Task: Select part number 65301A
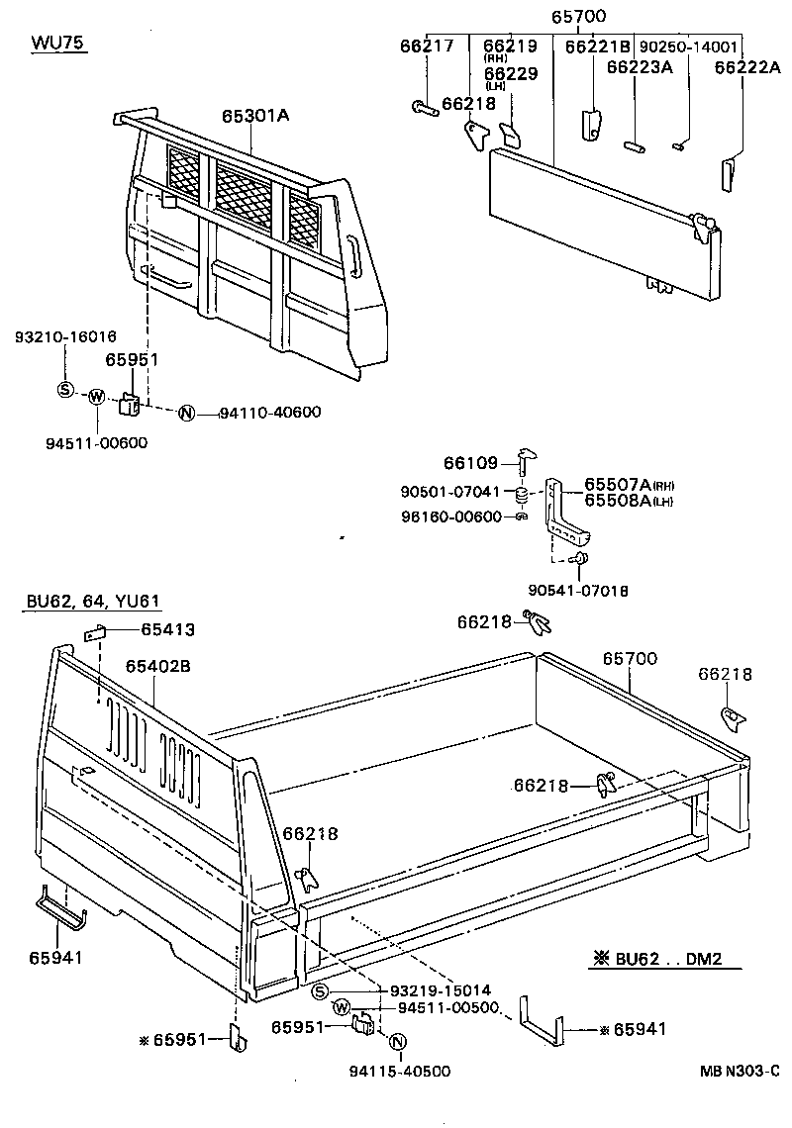(x=255, y=116)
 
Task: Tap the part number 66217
(x=427, y=46)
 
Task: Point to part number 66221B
(x=598, y=47)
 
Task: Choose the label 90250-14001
(x=688, y=47)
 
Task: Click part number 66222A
(x=747, y=67)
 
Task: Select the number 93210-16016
(x=65, y=337)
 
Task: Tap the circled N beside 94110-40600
(x=186, y=413)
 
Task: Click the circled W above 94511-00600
(x=96, y=397)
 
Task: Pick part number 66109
(x=473, y=461)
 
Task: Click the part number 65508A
(x=616, y=501)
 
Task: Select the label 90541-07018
(x=578, y=591)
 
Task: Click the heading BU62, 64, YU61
(x=91, y=603)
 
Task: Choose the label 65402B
(x=157, y=666)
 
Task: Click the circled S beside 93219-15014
(x=319, y=991)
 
